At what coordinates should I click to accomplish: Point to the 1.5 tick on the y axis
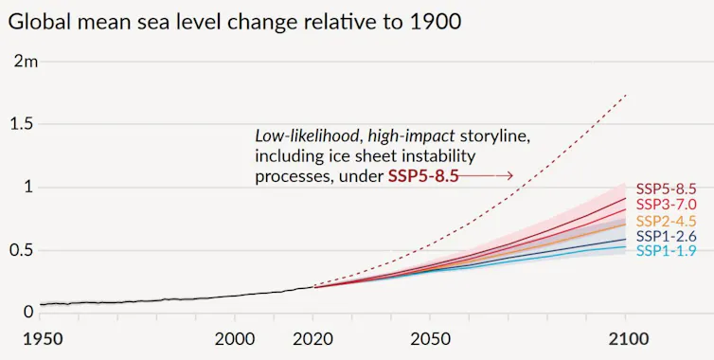coord(21,125)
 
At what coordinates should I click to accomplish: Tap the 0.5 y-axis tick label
coord(21,250)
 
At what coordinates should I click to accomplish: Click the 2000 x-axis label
coord(235,339)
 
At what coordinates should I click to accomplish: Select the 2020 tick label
coord(312,339)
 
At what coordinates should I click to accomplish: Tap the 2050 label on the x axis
coord(429,339)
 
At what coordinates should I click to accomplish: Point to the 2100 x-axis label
coord(624,339)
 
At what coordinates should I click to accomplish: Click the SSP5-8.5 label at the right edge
coord(666,189)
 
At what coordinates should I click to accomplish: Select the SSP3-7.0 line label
coord(666,205)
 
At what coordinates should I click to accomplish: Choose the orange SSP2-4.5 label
coord(666,221)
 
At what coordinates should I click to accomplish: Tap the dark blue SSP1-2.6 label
coord(666,236)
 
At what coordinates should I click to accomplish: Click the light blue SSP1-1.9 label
coord(666,251)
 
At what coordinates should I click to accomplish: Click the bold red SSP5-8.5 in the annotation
coord(423,176)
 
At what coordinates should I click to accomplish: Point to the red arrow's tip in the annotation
coord(512,176)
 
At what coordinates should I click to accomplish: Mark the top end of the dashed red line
coord(626,95)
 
